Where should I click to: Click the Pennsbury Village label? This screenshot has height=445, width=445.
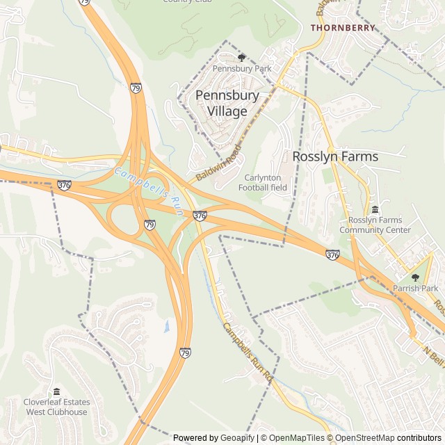tap(227, 103)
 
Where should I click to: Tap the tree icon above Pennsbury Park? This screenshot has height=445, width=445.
tap(242, 58)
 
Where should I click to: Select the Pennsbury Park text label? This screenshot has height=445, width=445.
tap(242, 69)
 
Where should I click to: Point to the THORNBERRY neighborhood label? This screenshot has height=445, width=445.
tap(343, 28)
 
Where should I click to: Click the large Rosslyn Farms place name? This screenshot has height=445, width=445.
tap(335, 156)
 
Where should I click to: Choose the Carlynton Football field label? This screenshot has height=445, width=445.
tap(263, 183)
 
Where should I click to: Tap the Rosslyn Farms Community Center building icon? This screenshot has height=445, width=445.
tap(375, 210)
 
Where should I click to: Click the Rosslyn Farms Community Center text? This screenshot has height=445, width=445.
tap(375, 225)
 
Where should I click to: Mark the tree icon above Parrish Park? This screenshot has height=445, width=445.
tap(416, 277)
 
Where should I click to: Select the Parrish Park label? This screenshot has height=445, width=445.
tap(416, 289)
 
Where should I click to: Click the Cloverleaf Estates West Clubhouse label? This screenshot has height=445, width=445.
tap(57, 407)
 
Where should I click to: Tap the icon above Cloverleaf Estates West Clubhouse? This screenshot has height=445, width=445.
tap(57, 391)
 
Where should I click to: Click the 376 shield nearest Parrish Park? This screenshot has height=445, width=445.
tap(332, 256)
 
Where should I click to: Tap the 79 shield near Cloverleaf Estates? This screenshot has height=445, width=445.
tap(185, 353)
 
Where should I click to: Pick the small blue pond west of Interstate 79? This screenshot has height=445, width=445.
tap(167, 325)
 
